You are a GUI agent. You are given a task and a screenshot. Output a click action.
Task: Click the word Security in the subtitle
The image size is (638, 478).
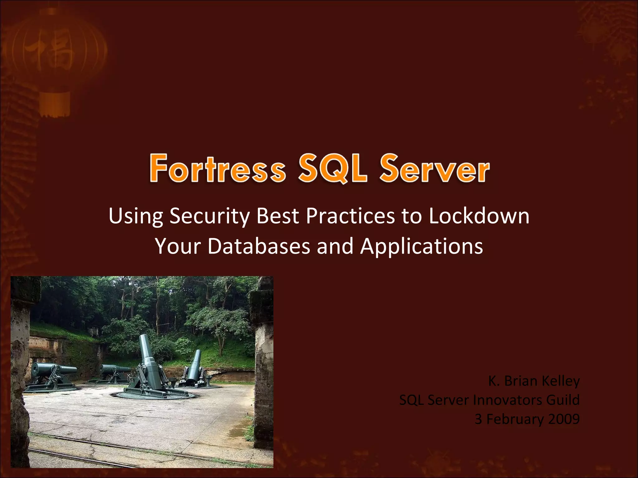209,216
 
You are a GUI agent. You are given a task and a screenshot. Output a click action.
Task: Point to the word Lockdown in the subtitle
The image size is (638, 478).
479,216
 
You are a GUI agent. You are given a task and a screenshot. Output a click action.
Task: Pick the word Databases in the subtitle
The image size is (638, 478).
259,246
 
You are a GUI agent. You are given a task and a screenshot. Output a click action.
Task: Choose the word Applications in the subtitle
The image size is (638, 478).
421,246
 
